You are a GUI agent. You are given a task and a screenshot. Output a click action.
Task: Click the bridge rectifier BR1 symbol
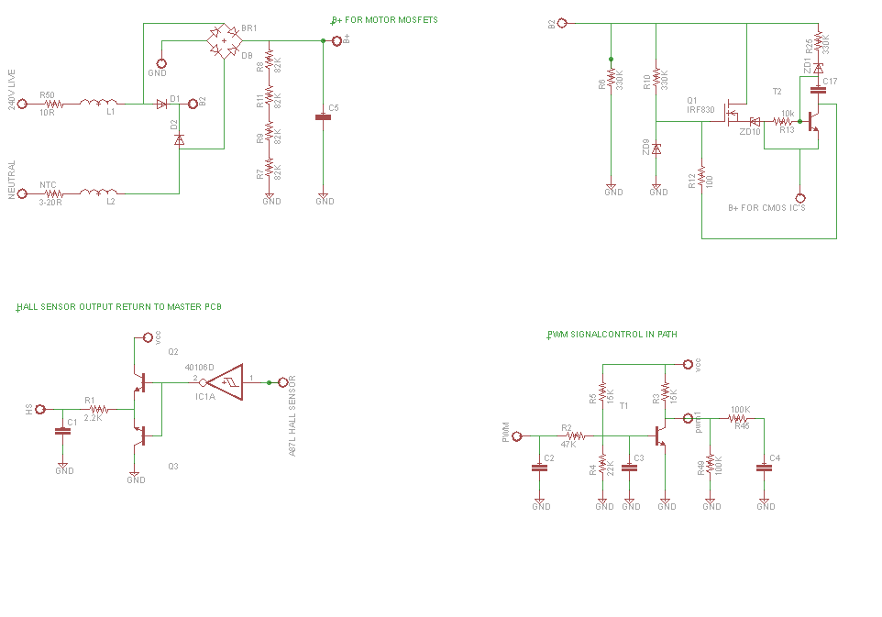tap(224, 40)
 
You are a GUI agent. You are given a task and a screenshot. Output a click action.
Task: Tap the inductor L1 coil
tap(99, 104)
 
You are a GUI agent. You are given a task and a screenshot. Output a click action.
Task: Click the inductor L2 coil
tap(99, 193)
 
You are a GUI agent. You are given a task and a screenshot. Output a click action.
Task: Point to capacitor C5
tap(323, 116)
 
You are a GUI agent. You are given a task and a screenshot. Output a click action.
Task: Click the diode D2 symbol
tap(179, 139)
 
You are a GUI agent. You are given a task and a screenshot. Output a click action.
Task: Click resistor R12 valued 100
tap(701, 176)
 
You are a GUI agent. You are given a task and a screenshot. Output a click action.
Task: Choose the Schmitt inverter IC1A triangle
tap(226, 381)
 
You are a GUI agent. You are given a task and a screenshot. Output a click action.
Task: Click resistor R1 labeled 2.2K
tap(97, 409)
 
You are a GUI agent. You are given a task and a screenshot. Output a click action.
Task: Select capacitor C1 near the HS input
tap(62, 430)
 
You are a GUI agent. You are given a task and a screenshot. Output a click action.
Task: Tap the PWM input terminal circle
tap(517, 436)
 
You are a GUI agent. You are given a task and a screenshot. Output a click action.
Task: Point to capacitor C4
tap(764, 467)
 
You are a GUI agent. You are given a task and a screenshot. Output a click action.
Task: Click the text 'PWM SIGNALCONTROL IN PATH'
tap(612, 335)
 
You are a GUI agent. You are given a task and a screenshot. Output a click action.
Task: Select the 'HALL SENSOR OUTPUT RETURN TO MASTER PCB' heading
tap(119, 307)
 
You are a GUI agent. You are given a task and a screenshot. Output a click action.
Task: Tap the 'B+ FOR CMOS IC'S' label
tap(766, 208)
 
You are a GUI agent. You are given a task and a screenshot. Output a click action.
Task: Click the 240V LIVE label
tap(12, 89)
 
